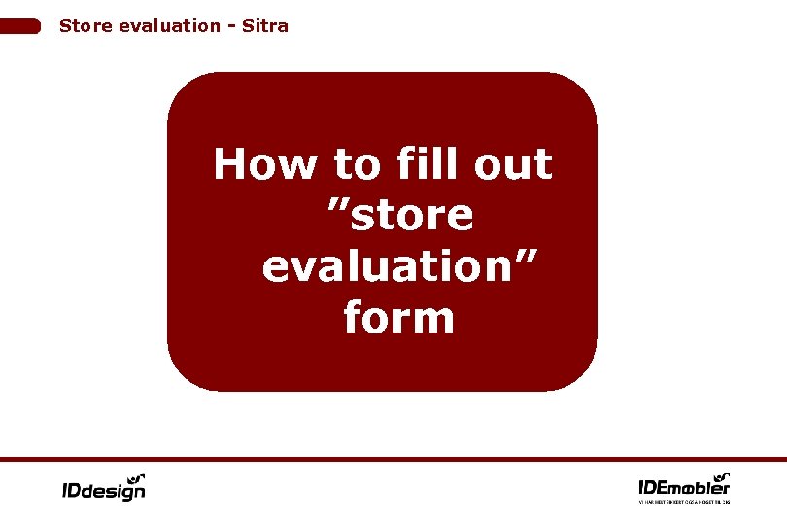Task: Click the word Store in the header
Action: tap(85, 26)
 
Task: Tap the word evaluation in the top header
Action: tap(169, 26)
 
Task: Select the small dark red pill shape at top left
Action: tap(20, 26)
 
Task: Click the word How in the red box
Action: tap(264, 165)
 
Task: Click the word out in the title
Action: tap(514, 165)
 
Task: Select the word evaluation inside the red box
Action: tap(385, 267)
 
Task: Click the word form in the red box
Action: tap(399, 318)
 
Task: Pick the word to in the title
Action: tap(356, 165)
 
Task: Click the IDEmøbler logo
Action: tap(684, 485)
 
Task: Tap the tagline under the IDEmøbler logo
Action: tap(684, 502)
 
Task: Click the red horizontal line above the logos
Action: tap(393, 459)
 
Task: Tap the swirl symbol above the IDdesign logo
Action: tap(137, 476)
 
